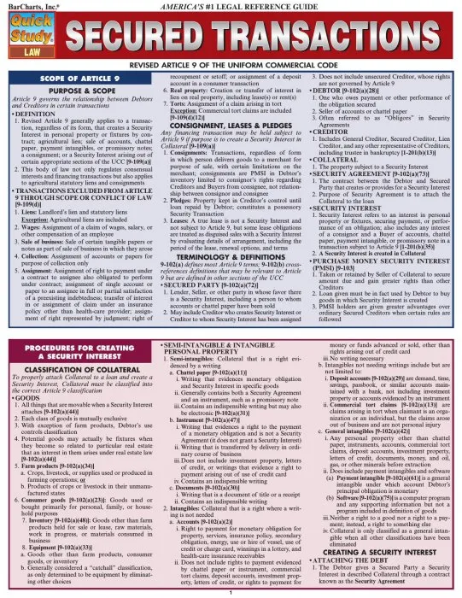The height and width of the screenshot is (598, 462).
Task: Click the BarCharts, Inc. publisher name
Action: click(x=25, y=4)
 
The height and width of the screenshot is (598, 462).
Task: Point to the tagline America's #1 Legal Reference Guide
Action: click(x=231, y=4)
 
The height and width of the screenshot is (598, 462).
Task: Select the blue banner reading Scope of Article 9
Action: click(x=73, y=80)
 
